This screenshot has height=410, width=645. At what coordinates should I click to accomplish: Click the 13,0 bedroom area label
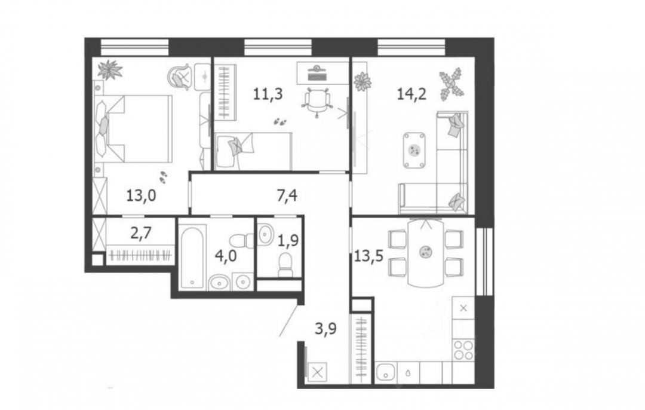tap(141, 195)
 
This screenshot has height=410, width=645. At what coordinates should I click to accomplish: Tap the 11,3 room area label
tap(268, 94)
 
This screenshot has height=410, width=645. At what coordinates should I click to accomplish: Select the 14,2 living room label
tap(411, 94)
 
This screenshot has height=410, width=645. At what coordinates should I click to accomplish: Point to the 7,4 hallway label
tap(287, 195)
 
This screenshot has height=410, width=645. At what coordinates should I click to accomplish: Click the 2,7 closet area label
tap(141, 233)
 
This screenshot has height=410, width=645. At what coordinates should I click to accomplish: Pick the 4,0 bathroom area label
tap(226, 256)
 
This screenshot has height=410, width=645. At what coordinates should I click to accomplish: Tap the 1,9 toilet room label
tap(288, 240)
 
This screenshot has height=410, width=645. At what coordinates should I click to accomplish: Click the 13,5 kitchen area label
tap(368, 256)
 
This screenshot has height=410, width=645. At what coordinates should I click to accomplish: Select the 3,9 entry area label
tap(326, 329)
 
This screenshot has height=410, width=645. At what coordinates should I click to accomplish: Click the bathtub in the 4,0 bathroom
tap(192, 256)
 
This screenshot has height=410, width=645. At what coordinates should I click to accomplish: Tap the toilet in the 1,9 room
tap(285, 264)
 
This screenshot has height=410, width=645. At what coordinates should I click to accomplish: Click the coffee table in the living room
tap(414, 150)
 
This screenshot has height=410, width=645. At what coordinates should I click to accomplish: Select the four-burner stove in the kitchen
tap(463, 350)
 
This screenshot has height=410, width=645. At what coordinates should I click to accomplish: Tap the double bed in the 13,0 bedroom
tap(133, 129)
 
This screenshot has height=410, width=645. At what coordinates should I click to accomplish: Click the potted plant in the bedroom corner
tap(110, 69)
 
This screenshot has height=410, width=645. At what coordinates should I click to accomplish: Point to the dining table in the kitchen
tap(426, 252)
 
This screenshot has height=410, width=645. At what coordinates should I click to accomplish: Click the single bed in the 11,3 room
tap(253, 151)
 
